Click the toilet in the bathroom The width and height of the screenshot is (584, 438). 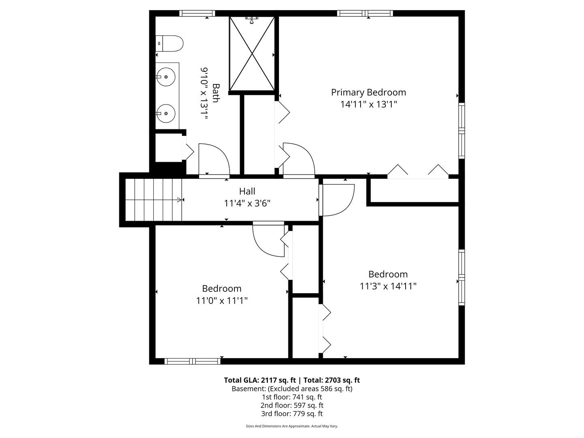(169, 43)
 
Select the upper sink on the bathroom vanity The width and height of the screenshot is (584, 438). (166, 77)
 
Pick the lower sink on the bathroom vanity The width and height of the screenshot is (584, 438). (166, 113)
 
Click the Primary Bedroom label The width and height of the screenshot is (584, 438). (369, 92)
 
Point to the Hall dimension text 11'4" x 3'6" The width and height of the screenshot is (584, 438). (247, 204)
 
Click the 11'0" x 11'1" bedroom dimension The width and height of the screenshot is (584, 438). (222, 301)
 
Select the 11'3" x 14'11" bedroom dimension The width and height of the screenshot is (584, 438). (388, 286)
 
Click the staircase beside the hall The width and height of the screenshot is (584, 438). (154, 200)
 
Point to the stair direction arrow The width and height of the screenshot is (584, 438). (180, 200)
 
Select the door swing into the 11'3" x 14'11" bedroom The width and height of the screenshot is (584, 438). (337, 200)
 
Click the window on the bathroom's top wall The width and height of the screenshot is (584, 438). (197, 13)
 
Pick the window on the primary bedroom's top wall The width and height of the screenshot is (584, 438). (365, 13)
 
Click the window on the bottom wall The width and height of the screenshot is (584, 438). (192, 361)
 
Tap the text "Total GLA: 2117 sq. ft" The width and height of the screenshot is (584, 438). (260, 380)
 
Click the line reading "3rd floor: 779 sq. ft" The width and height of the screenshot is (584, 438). (292, 414)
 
